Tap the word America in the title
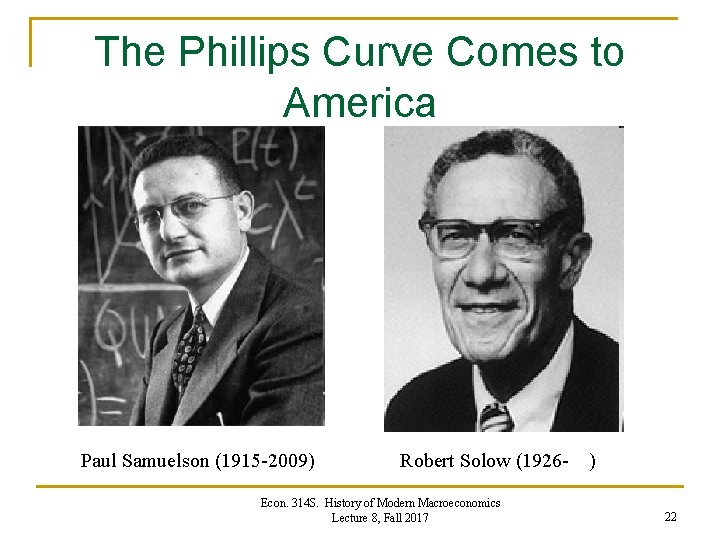point(360,102)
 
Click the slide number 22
point(670,516)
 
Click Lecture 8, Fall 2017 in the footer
point(380,517)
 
